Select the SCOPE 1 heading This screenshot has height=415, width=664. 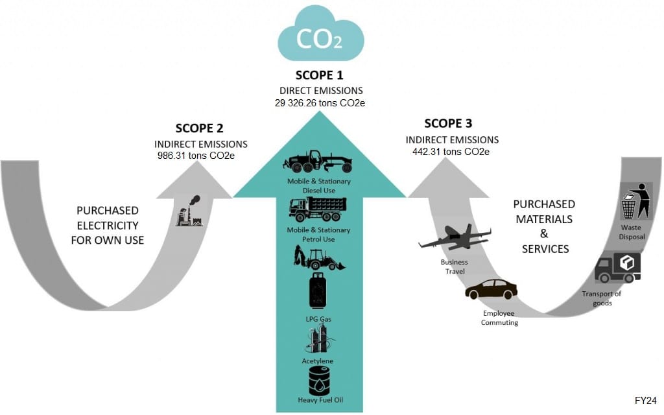[x=319, y=75]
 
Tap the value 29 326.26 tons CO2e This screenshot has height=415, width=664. [x=319, y=102]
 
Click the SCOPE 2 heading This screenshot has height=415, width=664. [x=200, y=128]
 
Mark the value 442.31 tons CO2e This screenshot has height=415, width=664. [x=451, y=152]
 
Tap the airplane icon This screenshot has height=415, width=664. [x=455, y=238]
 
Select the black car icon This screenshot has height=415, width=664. [x=492, y=289]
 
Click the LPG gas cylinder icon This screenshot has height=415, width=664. [x=318, y=290]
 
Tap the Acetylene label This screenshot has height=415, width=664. [x=318, y=361]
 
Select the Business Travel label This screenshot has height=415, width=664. [x=454, y=267]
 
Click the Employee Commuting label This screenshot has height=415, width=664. [x=499, y=318]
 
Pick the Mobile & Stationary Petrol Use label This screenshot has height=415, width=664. [x=319, y=235]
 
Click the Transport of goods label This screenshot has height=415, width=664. [x=601, y=298]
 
